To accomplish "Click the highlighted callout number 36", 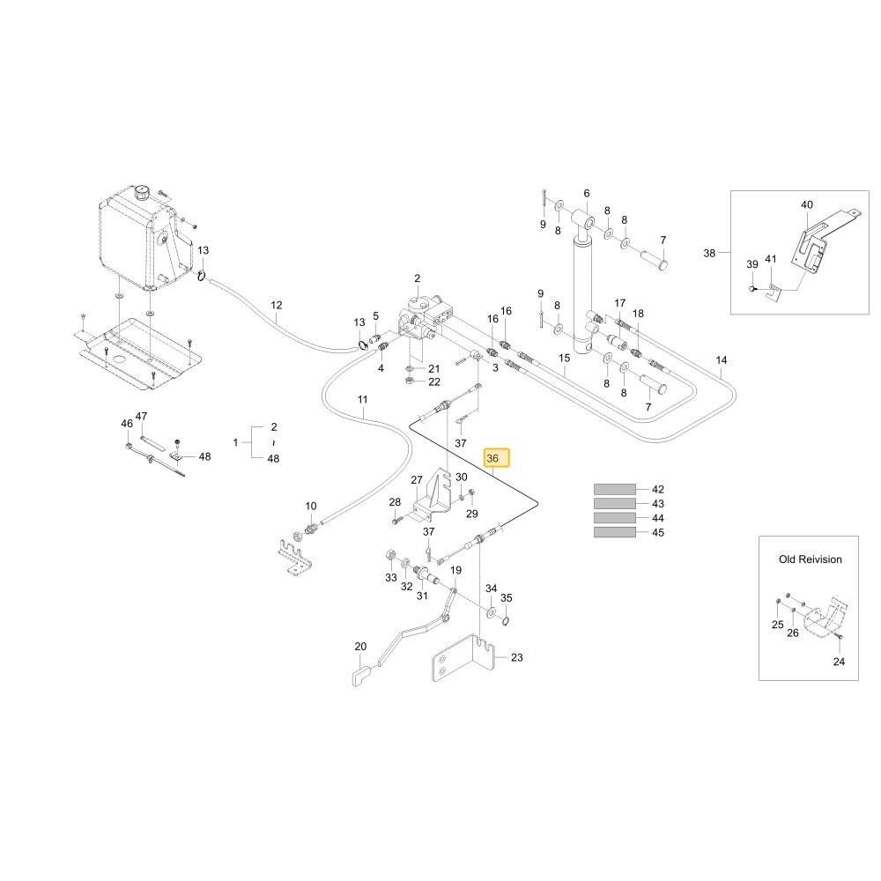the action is coord(492,458).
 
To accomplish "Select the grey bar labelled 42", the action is coord(615,489).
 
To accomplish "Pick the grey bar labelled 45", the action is coord(615,532).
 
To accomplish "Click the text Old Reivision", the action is coord(811,559).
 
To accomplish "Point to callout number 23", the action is coord(517,657).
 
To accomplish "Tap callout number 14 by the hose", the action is coord(722,360).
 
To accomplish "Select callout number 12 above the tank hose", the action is coord(277,305).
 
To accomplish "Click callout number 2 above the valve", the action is coord(417,278).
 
